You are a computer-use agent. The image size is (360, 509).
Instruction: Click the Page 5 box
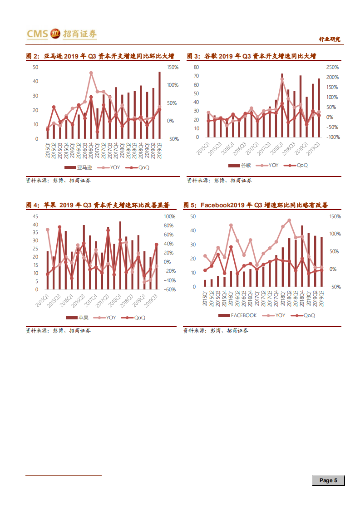(x=328, y=480)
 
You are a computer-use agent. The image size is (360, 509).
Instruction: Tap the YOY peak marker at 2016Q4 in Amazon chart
(x=91, y=73)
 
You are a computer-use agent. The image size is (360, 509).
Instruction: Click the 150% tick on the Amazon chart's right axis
(x=173, y=67)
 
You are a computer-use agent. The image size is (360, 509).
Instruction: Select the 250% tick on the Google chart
(x=333, y=67)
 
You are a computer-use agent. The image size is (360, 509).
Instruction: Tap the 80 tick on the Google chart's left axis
(x=197, y=67)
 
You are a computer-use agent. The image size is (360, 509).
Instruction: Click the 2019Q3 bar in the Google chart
(x=318, y=108)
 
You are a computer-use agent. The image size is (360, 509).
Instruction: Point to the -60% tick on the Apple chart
(x=169, y=289)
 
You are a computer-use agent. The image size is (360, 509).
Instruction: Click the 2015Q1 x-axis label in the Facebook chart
(x=205, y=298)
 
